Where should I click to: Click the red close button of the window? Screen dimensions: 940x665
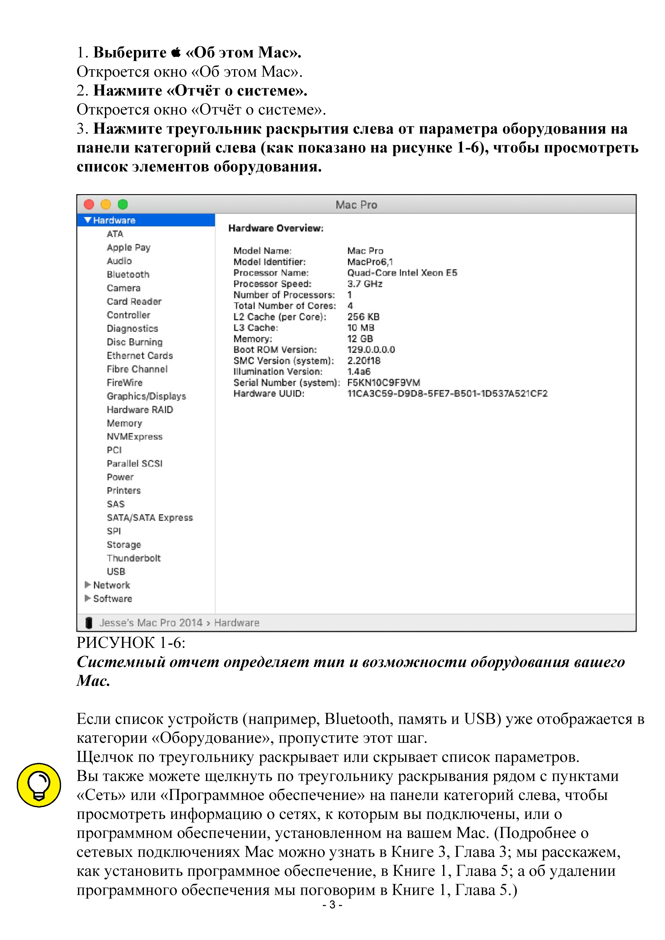(x=89, y=204)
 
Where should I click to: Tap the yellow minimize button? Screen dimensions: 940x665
(x=106, y=204)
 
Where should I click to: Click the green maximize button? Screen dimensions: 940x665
(x=123, y=204)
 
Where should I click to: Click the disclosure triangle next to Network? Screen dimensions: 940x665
(x=87, y=585)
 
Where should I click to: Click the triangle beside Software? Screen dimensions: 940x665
(x=87, y=598)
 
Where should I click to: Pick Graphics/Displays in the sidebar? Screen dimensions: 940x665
(x=146, y=396)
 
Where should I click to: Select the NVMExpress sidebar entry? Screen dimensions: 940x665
(x=134, y=437)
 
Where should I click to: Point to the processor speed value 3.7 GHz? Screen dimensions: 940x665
(x=364, y=284)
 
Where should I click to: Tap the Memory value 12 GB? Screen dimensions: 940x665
(x=360, y=339)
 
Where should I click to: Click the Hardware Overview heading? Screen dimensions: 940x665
(x=276, y=228)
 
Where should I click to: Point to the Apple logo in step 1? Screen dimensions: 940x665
(x=176, y=52)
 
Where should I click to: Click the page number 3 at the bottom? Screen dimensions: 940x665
(x=332, y=905)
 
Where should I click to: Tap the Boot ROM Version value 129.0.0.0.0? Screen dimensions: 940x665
(x=371, y=350)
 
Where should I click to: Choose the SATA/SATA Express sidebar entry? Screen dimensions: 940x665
(x=150, y=518)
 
